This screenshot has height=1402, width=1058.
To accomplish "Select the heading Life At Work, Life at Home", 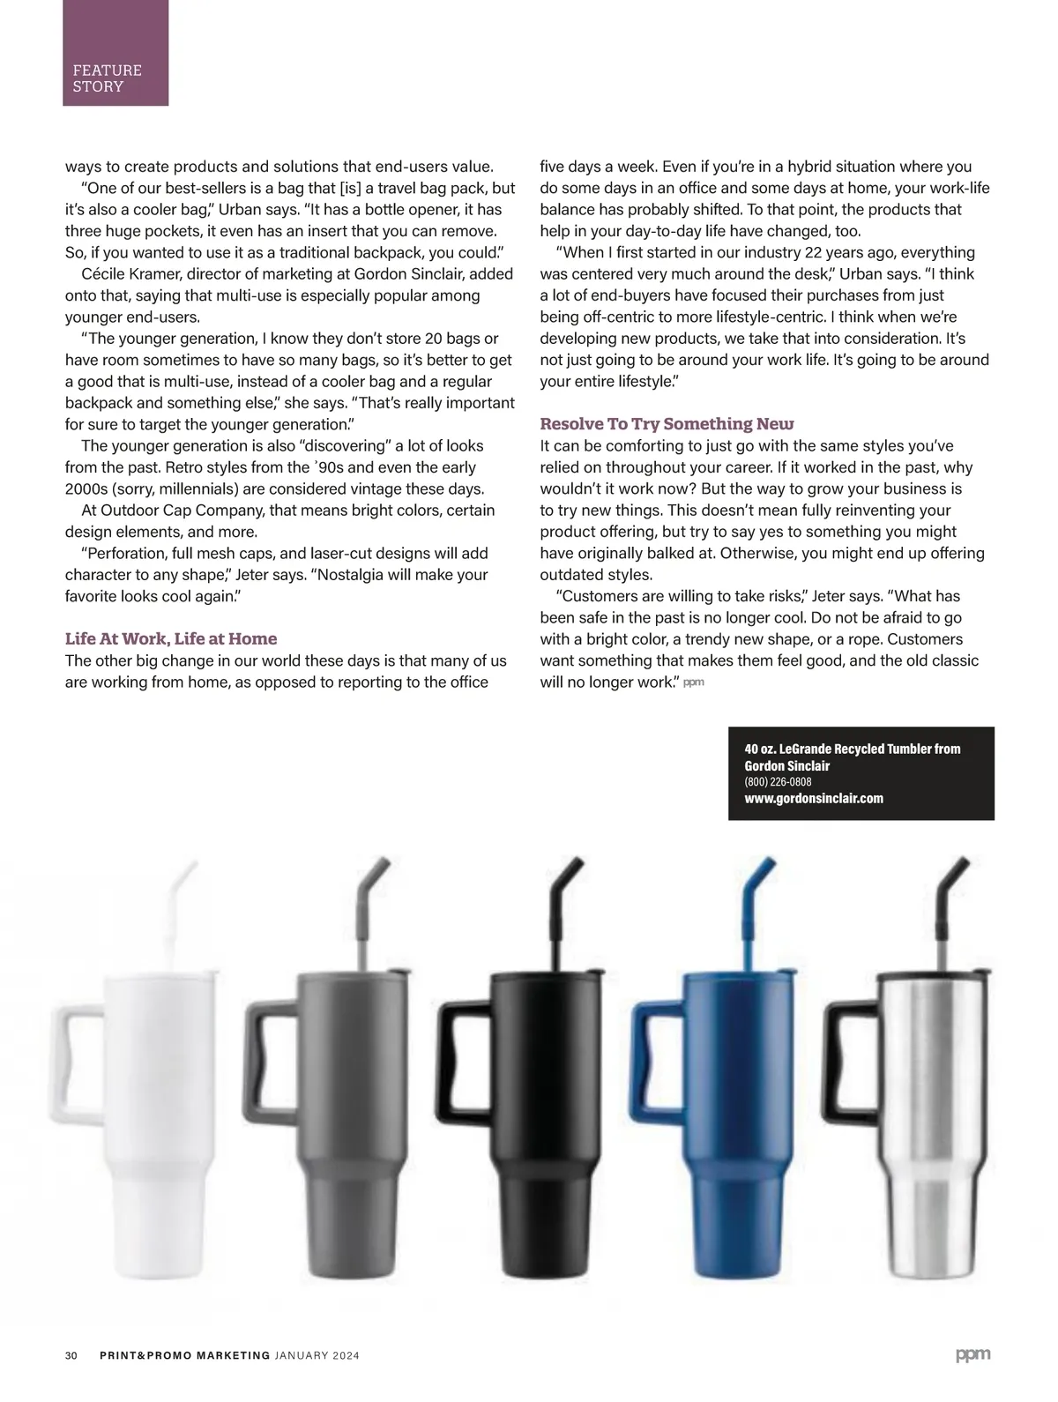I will pos(171,638).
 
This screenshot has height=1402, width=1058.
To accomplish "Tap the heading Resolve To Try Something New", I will pos(667,424).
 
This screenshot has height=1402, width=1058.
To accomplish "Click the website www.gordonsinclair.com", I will pos(814,798).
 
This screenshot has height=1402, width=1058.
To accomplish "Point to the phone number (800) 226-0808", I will pos(778,781).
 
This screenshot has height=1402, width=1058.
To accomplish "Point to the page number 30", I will pos(71,1355).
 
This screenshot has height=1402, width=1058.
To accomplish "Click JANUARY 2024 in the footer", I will pos(317,1355).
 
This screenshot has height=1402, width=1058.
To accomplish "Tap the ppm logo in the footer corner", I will pos(972,1354).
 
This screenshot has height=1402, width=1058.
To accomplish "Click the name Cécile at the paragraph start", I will pos(103,274).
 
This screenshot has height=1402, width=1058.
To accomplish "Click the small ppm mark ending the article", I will pos(693,682).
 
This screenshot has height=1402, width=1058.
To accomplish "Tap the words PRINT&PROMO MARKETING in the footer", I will pos(184,1355).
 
